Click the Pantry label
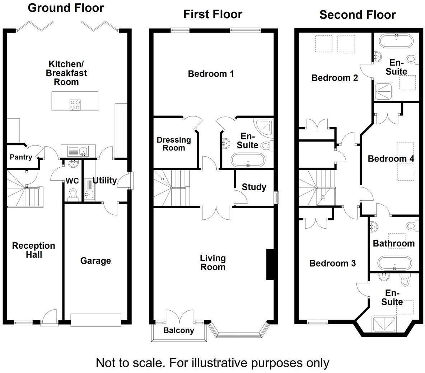(x=21, y=157)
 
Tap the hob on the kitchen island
(x=75, y=105)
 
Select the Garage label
(x=95, y=260)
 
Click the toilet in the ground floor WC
(x=73, y=193)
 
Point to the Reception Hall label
(x=34, y=250)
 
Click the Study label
(x=254, y=187)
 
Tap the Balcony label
(x=179, y=330)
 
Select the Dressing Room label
(x=174, y=144)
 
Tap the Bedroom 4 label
(x=391, y=158)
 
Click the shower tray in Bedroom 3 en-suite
(x=384, y=324)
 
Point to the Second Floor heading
(x=358, y=15)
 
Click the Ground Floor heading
(x=66, y=8)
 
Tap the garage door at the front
(x=95, y=320)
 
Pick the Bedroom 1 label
(x=211, y=74)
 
